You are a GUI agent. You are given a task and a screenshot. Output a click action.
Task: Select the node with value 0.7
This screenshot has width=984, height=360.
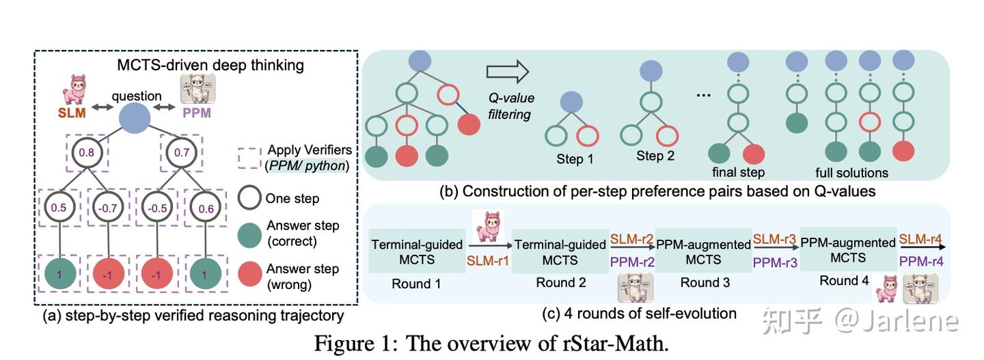pos(181,153)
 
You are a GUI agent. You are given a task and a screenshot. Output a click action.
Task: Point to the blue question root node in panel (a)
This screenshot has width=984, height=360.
pos(135,120)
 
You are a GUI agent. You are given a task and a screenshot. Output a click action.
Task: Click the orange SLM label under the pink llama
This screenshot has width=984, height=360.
pos(71,113)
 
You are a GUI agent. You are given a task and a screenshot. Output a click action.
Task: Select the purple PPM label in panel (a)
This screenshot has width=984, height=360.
pos(197,113)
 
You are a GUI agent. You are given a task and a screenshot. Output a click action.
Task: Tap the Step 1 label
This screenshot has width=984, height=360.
pos(575,160)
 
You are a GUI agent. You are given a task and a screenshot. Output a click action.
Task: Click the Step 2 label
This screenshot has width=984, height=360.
pos(655,156)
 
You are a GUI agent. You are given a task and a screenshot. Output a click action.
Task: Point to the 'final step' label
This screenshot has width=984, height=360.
pos(737,172)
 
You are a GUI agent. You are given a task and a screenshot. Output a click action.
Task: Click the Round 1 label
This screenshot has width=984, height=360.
pos(411,284)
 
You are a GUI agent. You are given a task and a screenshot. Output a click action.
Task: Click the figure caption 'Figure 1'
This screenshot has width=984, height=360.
pos(355,342)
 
